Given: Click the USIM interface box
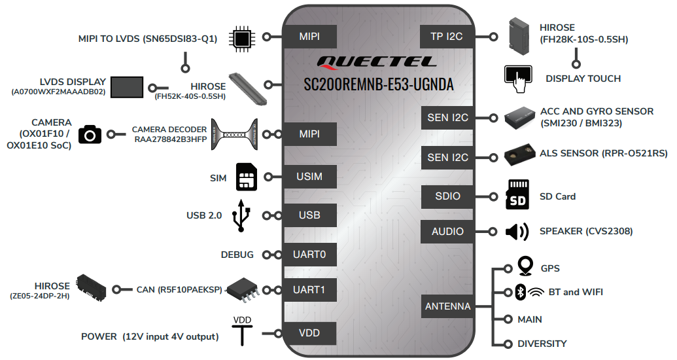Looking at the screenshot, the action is [x=309, y=177].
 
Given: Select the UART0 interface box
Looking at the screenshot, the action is [x=309, y=255].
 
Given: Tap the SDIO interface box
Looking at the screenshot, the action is [x=447, y=196].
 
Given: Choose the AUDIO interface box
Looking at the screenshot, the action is [x=447, y=232].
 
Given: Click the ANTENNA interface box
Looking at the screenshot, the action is [x=447, y=306].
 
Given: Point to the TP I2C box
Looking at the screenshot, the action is [x=447, y=37].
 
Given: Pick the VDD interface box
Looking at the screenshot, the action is [x=309, y=333].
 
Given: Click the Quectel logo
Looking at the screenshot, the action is [x=377, y=63].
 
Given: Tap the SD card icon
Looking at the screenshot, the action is [x=517, y=194].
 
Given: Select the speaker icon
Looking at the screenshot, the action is [x=517, y=232].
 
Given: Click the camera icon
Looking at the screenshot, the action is [x=90, y=134].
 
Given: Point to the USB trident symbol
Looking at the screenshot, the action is [x=241, y=215].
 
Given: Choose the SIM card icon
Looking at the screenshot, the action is [x=246, y=177].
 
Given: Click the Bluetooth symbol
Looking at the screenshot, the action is [x=520, y=292].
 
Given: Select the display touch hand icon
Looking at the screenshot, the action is [x=518, y=78].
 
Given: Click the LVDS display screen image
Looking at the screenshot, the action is [x=127, y=87].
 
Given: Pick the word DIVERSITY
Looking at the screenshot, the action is [x=542, y=344].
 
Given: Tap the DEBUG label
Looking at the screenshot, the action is [x=237, y=255].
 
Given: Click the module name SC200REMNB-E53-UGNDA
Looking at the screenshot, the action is [x=379, y=84].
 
